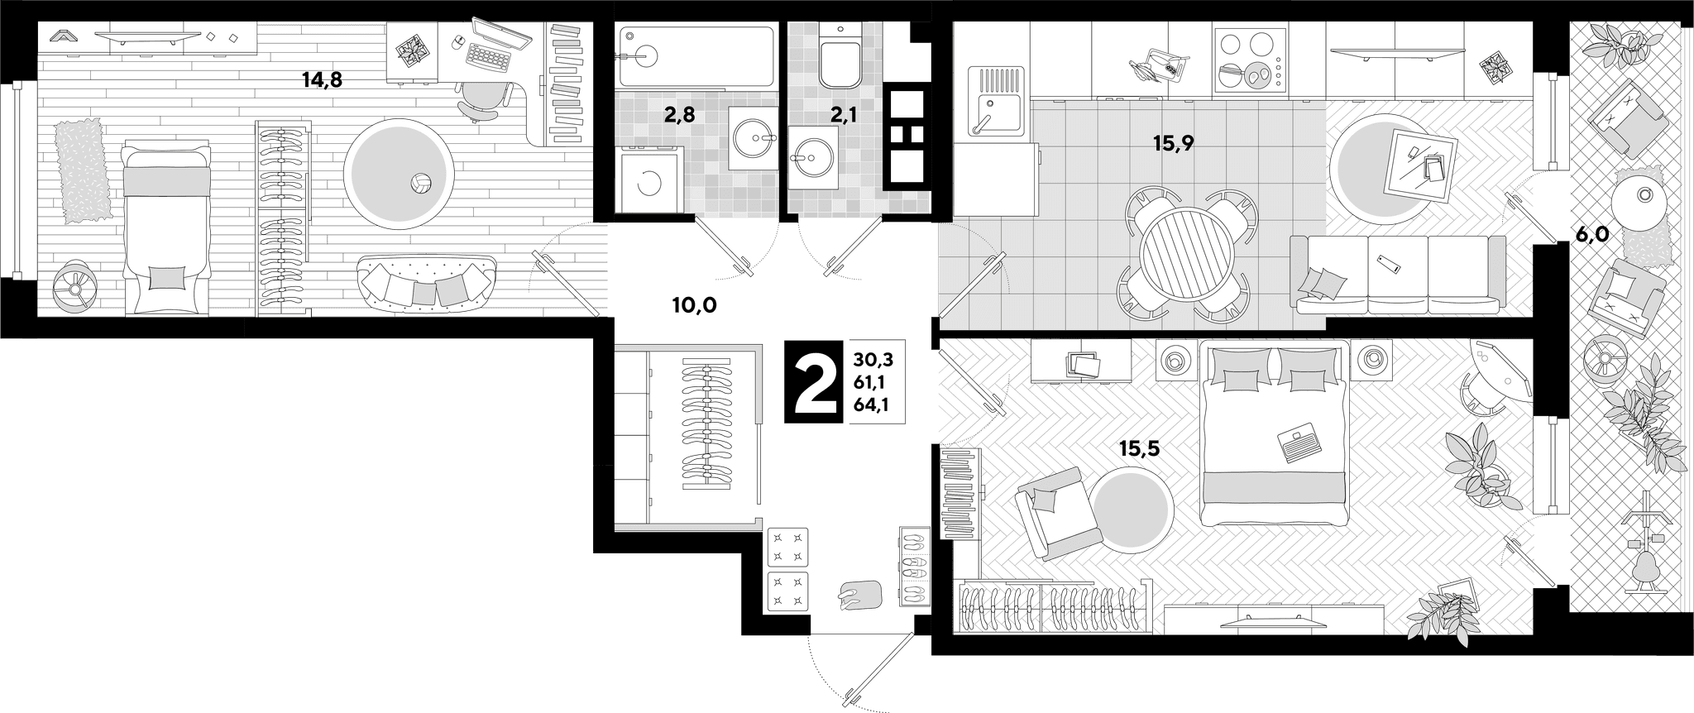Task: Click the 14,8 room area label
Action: (322, 80)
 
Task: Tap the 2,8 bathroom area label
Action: (679, 115)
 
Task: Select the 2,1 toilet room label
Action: (842, 115)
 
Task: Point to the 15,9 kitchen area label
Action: (1174, 143)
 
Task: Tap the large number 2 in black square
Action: (816, 381)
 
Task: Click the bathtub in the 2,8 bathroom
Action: (696, 57)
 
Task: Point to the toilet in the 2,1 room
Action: (841, 55)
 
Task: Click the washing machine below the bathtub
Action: (648, 177)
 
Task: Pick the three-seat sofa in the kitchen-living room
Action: (1398, 274)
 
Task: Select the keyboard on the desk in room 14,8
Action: (487, 55)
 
